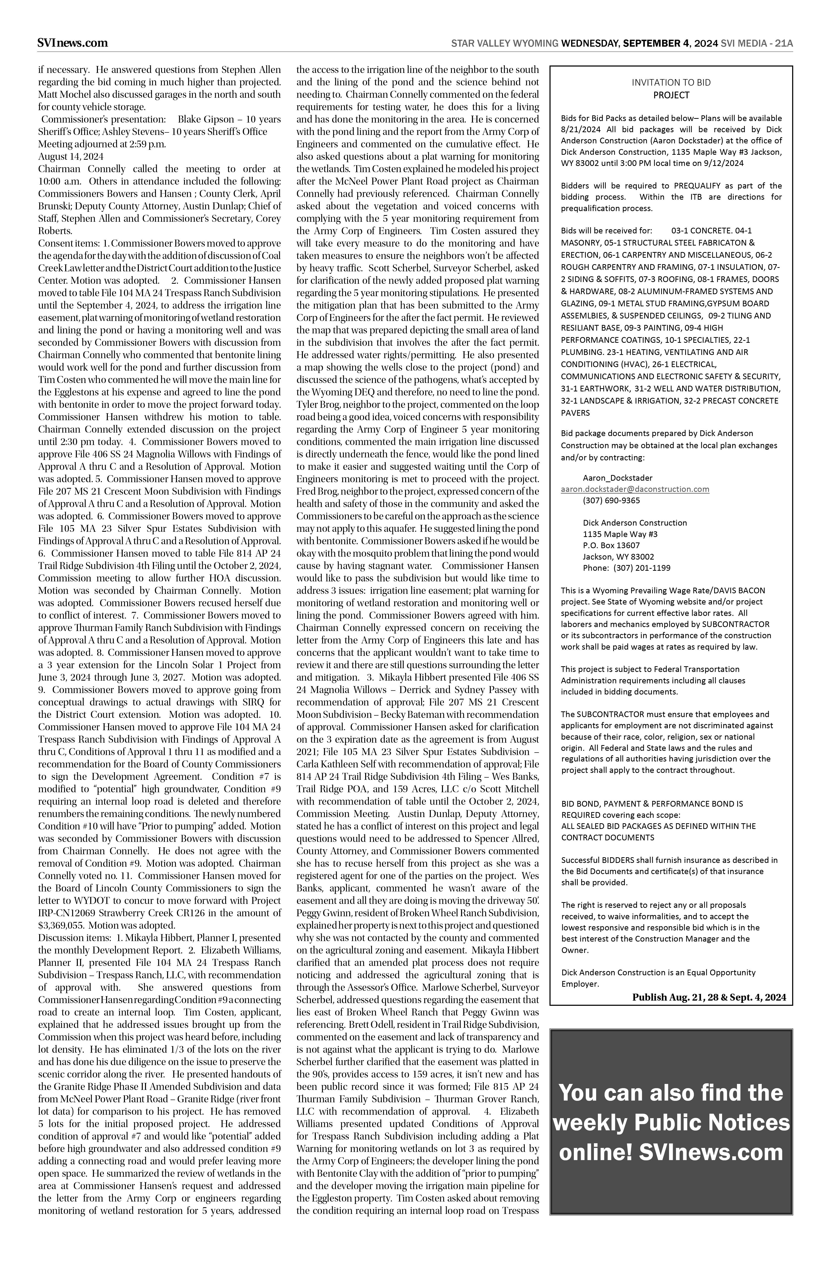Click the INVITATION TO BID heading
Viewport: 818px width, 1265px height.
(x=671, y=82)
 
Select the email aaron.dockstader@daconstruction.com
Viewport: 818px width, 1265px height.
(x=635, y=489)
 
